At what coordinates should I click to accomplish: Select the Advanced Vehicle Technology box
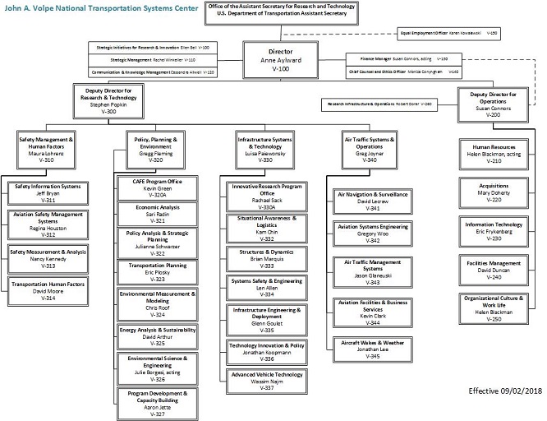click(264, 381)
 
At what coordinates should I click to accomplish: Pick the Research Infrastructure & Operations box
click(393, 104)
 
